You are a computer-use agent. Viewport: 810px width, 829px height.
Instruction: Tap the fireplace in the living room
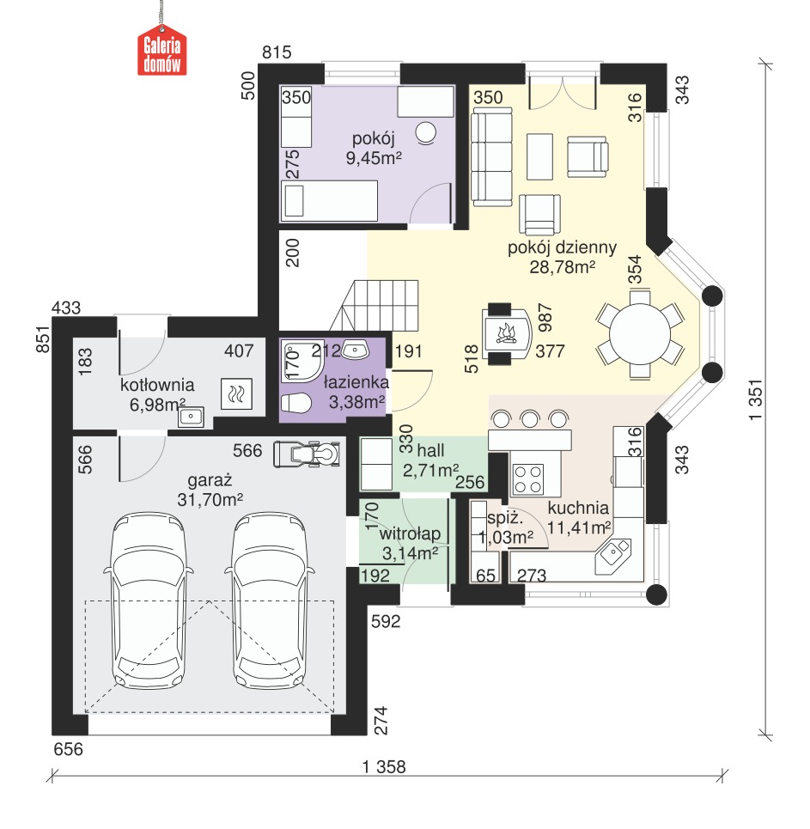pyautogui.click(x=506, y=333)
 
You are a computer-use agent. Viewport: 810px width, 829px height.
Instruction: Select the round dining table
pyautogui.click(x=640, y=334)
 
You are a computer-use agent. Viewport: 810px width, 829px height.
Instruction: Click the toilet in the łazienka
pyautogui.click(x=295, y=404)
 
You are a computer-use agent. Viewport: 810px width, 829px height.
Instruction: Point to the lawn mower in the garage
pyautogui.click(x=307, y=454)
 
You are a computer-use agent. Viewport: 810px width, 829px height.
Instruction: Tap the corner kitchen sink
pyautogui.click(x=614, y=555)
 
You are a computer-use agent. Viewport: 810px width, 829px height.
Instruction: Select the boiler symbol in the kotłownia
pyautogui.click(x=236, y=393)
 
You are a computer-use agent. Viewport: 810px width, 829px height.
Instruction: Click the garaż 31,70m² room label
pyautogui.click(x=210, y=490)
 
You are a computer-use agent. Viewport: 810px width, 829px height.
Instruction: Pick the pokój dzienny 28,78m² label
pyautogui.click(x=562, y=257)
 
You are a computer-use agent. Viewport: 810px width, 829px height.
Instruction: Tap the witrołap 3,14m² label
pyautogui.click(x=410, y=544)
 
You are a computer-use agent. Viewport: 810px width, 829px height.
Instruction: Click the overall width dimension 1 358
pyautogui.click(x=384, y=766)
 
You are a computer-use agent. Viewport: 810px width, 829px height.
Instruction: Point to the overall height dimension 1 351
pyautogui.click(x=756, y=399)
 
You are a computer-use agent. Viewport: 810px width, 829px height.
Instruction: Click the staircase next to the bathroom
pyautogui.click(x=375, y=306)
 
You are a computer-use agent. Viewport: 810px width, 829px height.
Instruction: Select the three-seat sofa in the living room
pyautogui.click(x=491, y=156)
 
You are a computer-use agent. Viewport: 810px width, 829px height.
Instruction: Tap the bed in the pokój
pyautogui.click(x=329, y=201)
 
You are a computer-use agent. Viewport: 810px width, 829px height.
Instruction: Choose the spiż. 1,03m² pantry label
pyautogui.click(x=506, y=527)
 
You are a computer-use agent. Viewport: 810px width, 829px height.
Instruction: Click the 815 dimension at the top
pyautogui.click(x=277, y=52)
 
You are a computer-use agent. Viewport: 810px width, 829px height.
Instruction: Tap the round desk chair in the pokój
pyautogui.click(x=426, y=132)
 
